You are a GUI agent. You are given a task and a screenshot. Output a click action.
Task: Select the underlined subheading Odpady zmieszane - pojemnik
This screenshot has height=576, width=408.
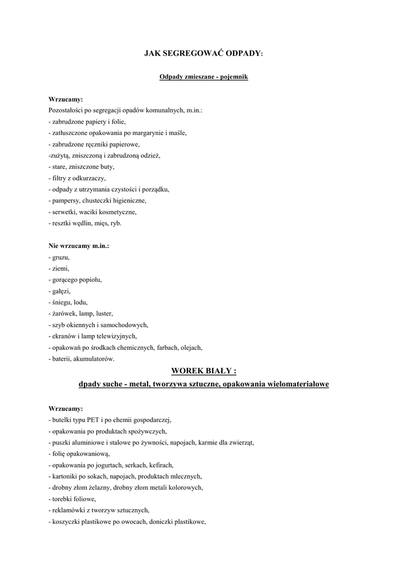pyautogui.click(x=204, y=76)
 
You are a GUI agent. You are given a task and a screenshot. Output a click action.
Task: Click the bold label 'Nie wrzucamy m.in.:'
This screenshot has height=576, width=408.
pyautogui.click(x=78, y=246)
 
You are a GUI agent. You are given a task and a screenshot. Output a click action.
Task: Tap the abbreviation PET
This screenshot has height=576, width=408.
pyautogui.click(x=93, y=420)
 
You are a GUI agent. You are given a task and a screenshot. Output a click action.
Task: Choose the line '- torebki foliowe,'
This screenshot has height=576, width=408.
pyautogui.click(x=72, y=498)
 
